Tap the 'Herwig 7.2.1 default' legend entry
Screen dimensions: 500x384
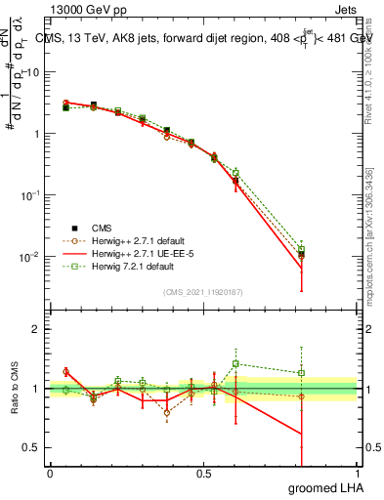click(x=127, y=266)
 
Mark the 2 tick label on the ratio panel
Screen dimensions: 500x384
click(x=37, y=329)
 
